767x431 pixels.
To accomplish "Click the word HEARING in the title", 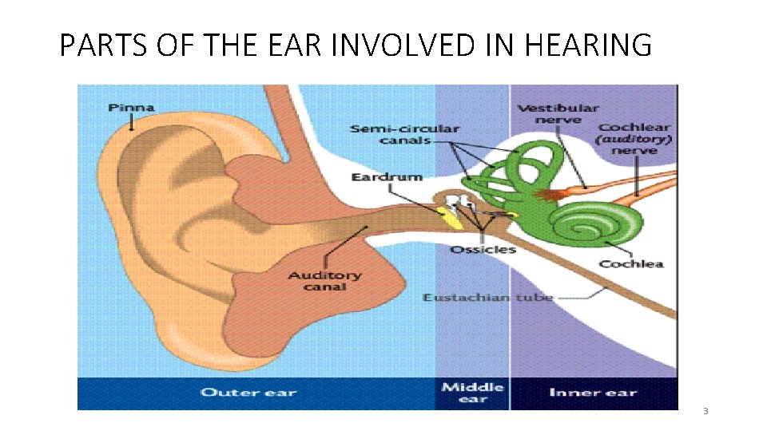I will coord(587,46).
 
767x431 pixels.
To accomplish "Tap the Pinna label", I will coord(132,108).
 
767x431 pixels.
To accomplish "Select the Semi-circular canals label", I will coord(404,134).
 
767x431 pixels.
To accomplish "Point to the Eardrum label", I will coord(387,176).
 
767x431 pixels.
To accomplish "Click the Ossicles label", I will coord(483,249).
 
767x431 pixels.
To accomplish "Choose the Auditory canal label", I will coord(324,281).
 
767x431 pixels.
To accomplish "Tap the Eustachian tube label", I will coord(487,298).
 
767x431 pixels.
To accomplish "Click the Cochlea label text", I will coord(631,264).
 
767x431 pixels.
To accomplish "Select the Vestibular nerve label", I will coord(558,114).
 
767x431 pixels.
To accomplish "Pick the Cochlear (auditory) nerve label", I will coord(635,138).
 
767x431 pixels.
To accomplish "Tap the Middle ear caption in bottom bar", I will coord(473,392).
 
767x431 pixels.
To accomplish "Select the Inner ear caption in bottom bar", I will coord(593,392).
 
